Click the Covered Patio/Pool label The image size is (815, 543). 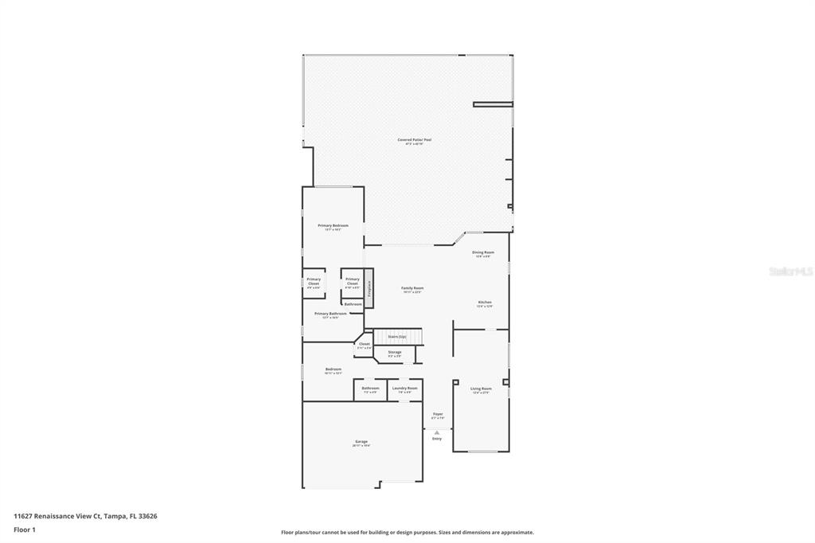pos(414,141)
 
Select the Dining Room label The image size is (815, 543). pos(484,253)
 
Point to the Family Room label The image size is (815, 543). pos(412,289)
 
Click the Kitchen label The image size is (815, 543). pos(484,303)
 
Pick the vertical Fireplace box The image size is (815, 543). pos(369,288)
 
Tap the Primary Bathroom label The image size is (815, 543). pos(330,314)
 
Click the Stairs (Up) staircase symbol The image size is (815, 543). pos(397,338)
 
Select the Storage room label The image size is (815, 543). pos(395,353)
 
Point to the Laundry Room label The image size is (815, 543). pos(404,389)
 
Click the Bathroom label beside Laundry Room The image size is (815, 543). pos(370,389)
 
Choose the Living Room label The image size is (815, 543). pos(482,389)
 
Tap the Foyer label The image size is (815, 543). pos(438,415)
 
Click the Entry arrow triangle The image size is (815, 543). pos(437,432)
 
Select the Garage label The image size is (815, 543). pos(361,442)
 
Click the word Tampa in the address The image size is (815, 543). pos(115,516)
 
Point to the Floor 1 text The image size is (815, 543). pos(24,529)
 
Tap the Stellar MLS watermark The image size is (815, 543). pos(790,271)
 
